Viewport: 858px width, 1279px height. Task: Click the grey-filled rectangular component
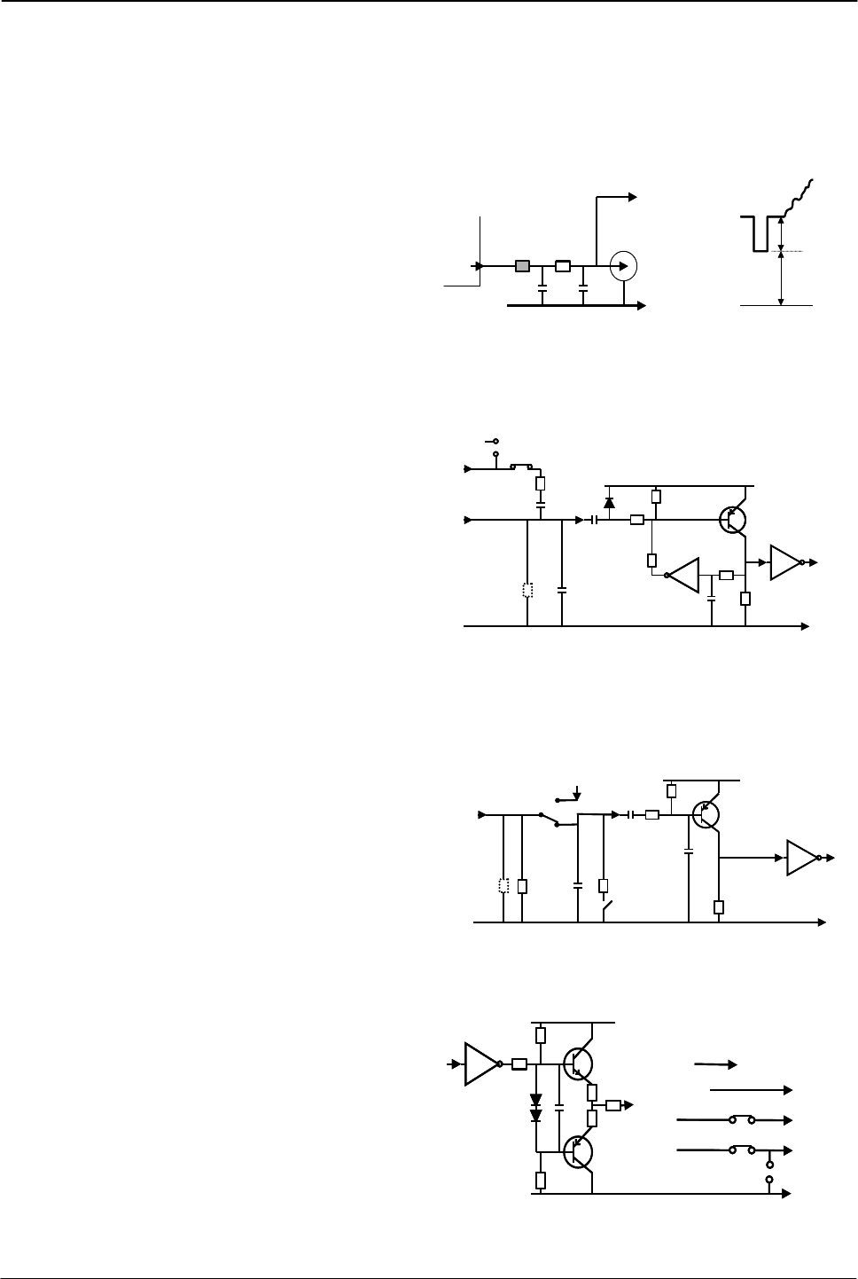click(523, 265)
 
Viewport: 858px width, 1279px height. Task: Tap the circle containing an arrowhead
click(624, 265)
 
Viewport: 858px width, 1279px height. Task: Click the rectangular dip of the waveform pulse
click(757, 234)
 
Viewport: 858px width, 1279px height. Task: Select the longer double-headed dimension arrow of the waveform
click(781, 279)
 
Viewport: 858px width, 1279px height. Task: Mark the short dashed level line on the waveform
click(792, 252)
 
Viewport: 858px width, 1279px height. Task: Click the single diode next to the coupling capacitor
click(609, 504)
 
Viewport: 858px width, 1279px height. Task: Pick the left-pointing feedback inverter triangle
click(684, 575)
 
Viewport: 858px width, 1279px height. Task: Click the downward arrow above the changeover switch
click(578, 792)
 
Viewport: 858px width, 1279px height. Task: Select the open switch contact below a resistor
click(605, 909)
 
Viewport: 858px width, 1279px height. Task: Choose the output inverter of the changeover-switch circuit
click(800, 858)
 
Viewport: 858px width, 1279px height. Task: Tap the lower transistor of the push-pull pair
click(576, 1152)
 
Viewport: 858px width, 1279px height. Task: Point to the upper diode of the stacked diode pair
click(535, 1101)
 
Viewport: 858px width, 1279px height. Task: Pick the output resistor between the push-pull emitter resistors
click(612, 1105)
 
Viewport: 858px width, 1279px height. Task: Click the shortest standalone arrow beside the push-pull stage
click(716, 1062)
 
